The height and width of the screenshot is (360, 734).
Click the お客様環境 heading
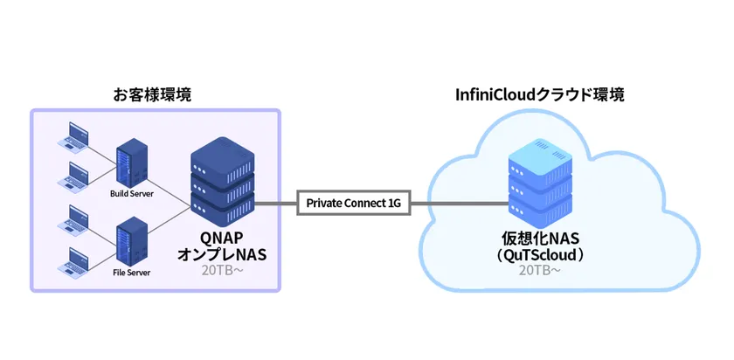[153, 94]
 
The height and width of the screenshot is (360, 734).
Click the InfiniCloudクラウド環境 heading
[539, 94]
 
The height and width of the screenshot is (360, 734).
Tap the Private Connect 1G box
[353, 204]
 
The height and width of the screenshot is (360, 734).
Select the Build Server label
[132, 194]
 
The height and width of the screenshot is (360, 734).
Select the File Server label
[132, 273]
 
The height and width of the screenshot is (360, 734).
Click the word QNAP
[221, 238]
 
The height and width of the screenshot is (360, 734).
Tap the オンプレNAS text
[221, 254]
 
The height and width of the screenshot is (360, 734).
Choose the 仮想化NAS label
[539, 239]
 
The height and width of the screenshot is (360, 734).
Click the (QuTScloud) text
[539, 255]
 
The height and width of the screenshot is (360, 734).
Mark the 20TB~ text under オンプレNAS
[221, 271]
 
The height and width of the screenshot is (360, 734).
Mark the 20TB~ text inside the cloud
[539, 271]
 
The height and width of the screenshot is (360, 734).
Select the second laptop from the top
[74, 175]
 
